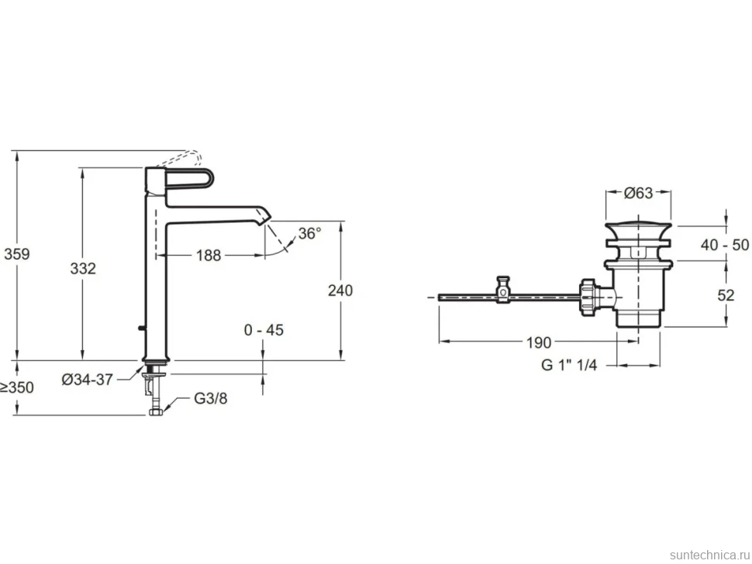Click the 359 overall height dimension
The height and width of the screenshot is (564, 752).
point(17,254)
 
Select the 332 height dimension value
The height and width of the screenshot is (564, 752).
point(83,268)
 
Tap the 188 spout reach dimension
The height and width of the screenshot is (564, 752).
point(209,256)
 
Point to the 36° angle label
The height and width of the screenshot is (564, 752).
point(310,233)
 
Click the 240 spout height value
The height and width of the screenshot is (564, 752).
point(340,291)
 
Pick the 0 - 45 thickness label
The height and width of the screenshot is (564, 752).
point(264,330)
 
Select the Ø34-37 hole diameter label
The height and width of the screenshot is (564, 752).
point(88,380)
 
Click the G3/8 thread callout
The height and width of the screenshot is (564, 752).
point(211,398)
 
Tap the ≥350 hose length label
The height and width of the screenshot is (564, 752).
point(17,387)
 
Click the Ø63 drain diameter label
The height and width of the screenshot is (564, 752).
point(638,193)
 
